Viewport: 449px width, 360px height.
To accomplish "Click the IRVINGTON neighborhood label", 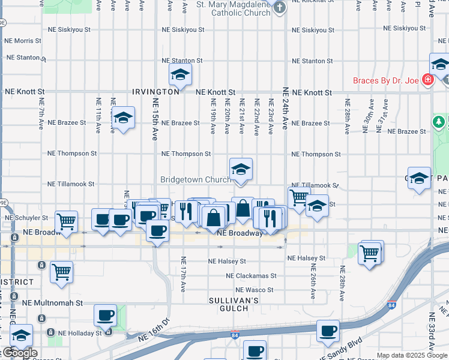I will (x=156, y=92).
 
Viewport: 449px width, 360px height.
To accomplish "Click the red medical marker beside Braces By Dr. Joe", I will (x=427, y=80).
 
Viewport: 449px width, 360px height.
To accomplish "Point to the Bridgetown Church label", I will (x=195, y=179).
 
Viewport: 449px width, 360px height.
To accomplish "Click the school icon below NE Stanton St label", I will (x=179, y=75).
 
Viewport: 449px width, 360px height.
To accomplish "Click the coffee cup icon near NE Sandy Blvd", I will (x=328, y=331).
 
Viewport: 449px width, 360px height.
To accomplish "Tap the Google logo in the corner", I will (x=19, y=353).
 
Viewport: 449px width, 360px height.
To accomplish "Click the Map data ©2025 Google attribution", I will (x=412, y=355).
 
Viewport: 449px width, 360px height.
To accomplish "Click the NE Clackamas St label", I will (x=251, y=276).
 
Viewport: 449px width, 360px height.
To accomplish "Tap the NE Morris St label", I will (x=23, y=41).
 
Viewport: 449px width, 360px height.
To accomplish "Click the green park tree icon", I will (x=439, y=122).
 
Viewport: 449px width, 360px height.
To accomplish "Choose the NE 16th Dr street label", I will (x=154, y=332).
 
